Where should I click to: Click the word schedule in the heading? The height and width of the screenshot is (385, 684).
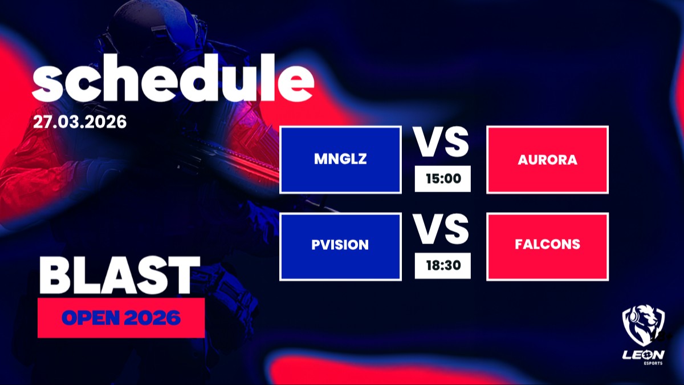coord(173,78)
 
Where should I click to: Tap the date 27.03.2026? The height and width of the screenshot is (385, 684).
coord(80,122)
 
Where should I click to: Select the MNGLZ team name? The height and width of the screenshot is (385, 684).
coord(340,159)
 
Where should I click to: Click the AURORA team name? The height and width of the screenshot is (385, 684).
coord(548,160)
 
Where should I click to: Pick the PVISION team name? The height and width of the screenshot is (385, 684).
coord(340,245)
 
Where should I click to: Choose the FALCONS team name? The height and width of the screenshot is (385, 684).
coord(548,244)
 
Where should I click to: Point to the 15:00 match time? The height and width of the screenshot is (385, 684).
coord(443,179)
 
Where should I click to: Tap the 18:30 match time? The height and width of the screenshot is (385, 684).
coord(443,265)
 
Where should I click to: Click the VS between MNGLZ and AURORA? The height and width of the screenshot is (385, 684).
coord(441,142)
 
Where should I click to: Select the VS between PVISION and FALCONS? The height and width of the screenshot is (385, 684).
coord(441,229)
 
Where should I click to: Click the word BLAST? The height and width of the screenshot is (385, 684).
coord(119,275)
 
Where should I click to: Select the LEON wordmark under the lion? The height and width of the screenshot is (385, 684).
coord(644,355)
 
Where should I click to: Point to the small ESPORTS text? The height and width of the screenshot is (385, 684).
coord(653,363)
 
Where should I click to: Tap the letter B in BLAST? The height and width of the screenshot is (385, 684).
coord(55,275)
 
